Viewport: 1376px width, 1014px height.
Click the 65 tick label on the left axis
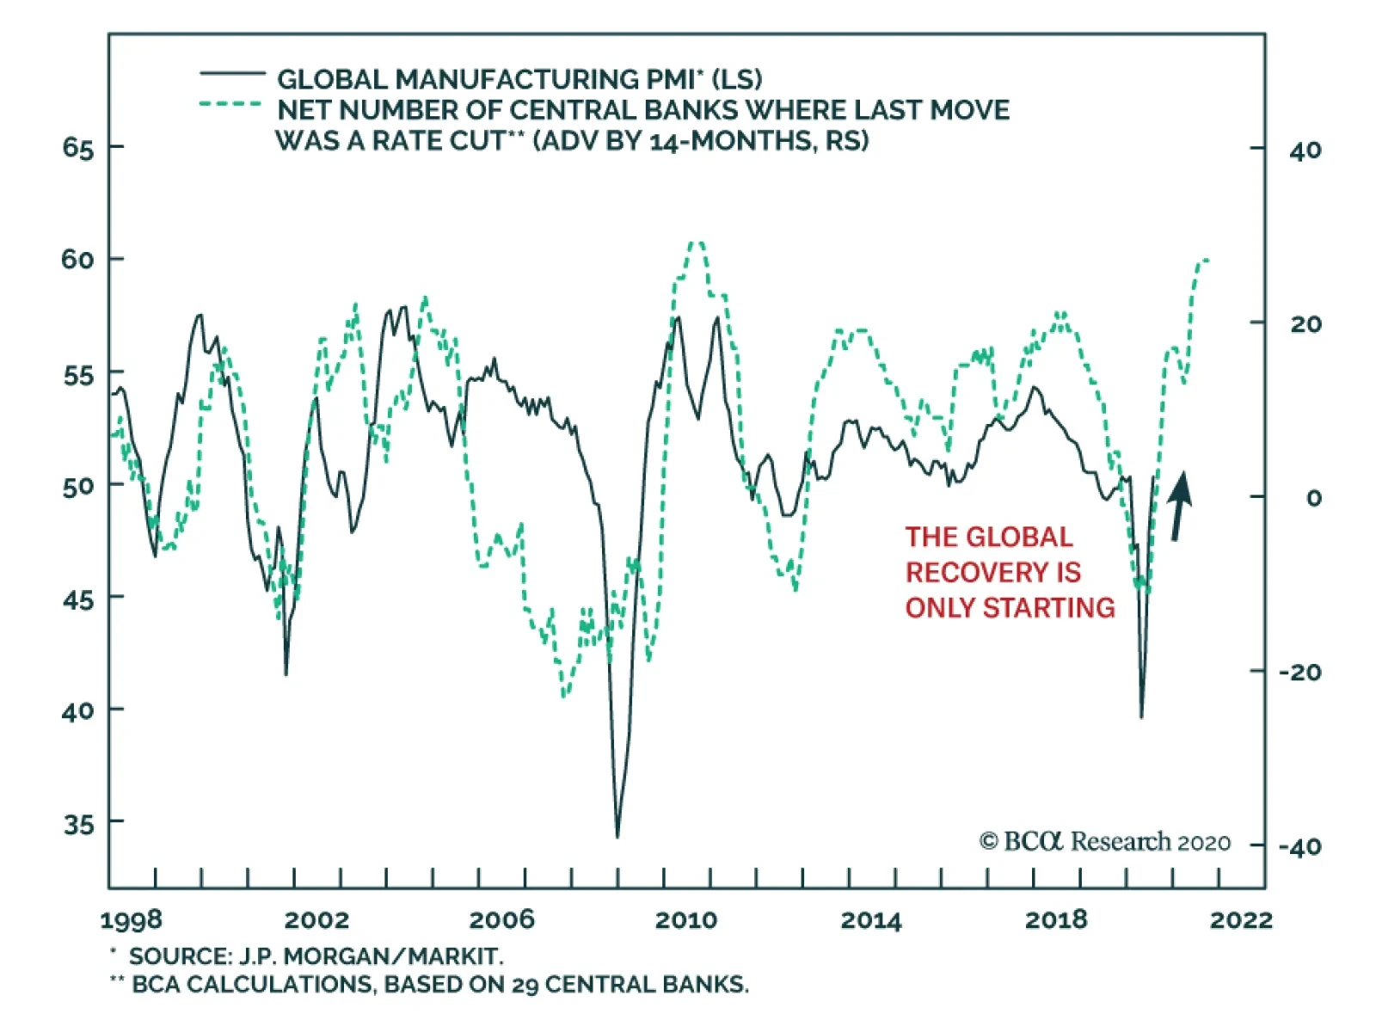(77, 148)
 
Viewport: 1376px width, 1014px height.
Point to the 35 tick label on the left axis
(78, 824)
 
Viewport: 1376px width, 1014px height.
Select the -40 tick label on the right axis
(1299, 846)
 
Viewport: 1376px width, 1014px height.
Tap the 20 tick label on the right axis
(1305, 324)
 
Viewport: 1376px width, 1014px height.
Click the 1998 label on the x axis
(131, 920)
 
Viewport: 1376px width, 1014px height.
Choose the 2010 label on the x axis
(685, 920)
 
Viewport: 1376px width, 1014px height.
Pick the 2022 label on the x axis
(1240, 920)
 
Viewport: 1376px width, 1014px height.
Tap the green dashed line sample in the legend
(230, 105)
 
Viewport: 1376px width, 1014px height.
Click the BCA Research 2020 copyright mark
(1104, 841)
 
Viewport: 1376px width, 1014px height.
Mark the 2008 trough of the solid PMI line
(617, 836)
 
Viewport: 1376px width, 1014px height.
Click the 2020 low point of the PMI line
(1141, 717)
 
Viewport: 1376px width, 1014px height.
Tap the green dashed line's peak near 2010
(697, 243)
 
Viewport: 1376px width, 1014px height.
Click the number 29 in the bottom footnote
(525, 985)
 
